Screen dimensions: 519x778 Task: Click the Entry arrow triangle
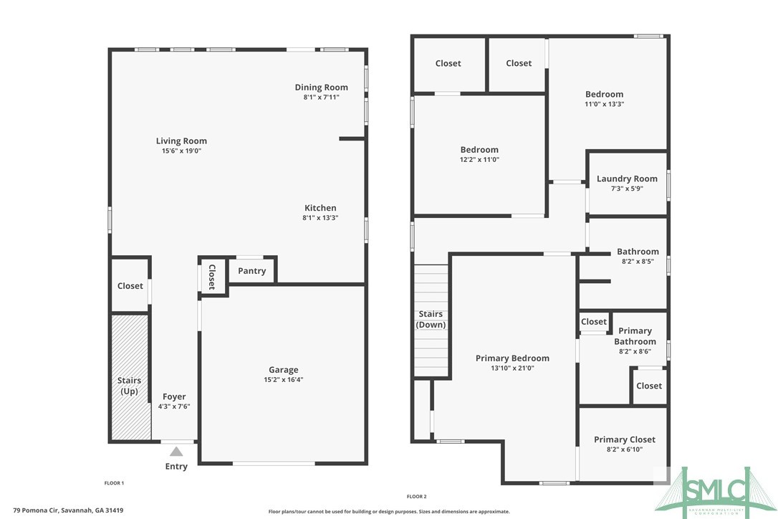tap(176, 451)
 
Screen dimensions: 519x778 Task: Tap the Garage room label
tap(284, 370)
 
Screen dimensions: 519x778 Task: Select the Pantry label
tap(251, 271)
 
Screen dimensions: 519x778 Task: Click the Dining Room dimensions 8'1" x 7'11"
tap(321, 97)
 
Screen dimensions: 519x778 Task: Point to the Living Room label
tap(181, 141)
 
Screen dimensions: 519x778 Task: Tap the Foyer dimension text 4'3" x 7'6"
tap(174, 406)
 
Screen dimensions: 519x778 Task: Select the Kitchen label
tap(320, 208)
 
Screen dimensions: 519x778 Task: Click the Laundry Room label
tap(627, 178)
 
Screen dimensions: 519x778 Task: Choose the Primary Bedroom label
tap(512, 358)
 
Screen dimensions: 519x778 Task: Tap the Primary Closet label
tap(624, 439)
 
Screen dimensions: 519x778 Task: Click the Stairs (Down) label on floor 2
tap(431, 319)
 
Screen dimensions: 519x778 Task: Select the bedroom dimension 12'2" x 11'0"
tap(479, 160)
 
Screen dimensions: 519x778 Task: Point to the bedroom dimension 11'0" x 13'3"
tap(604, 104)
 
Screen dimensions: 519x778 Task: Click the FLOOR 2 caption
tap(416, 496)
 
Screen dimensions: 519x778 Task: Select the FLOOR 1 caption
tap(114, 483)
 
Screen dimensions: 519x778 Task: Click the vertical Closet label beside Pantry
tap(212, 277)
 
